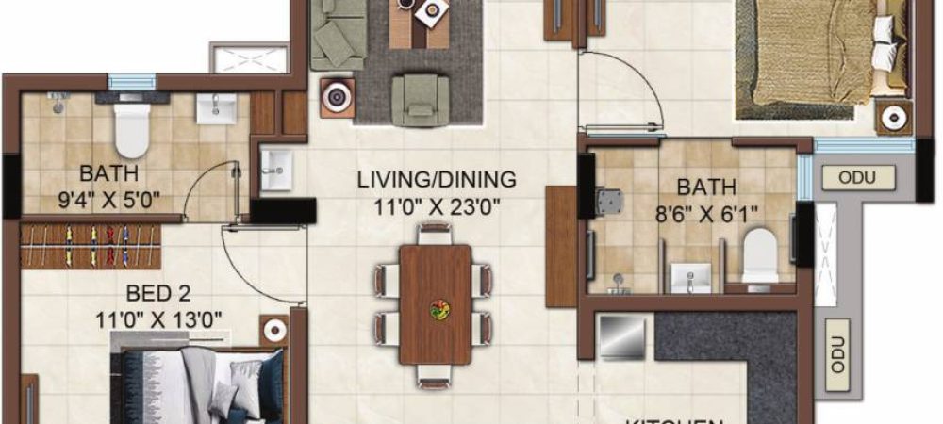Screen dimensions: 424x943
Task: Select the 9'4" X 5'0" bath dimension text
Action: point(109,199)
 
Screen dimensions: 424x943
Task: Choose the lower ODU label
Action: point(835,355)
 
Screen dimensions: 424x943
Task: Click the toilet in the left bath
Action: point(131,131)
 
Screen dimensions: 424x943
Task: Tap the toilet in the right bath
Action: point(759,256)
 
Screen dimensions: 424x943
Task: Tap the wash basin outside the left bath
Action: point(277,167)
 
